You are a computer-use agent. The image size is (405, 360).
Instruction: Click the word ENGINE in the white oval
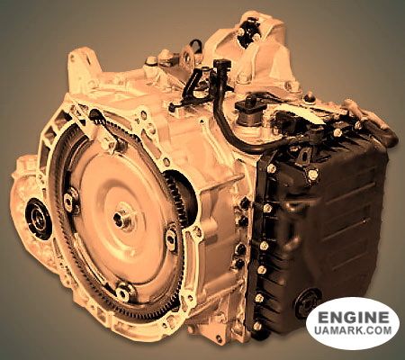click(x=353, y=317)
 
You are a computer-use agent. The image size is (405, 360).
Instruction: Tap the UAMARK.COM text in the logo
click(x=353, y=330)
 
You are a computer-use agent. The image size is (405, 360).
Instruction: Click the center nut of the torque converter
click(x=122, y=219)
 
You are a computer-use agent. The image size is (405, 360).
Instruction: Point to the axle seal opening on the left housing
click(x=38, y=219)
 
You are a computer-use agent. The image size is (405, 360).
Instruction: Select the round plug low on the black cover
click(x=308, y=301)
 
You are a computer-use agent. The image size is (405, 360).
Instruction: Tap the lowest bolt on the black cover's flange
click(x=257, y=326)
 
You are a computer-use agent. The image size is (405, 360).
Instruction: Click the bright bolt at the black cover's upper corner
click(x=312, y=174)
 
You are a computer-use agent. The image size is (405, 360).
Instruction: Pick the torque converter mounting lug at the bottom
click(x=124, y=292)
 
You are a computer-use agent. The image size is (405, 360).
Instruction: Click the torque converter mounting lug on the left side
click(x=69, y=199)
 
